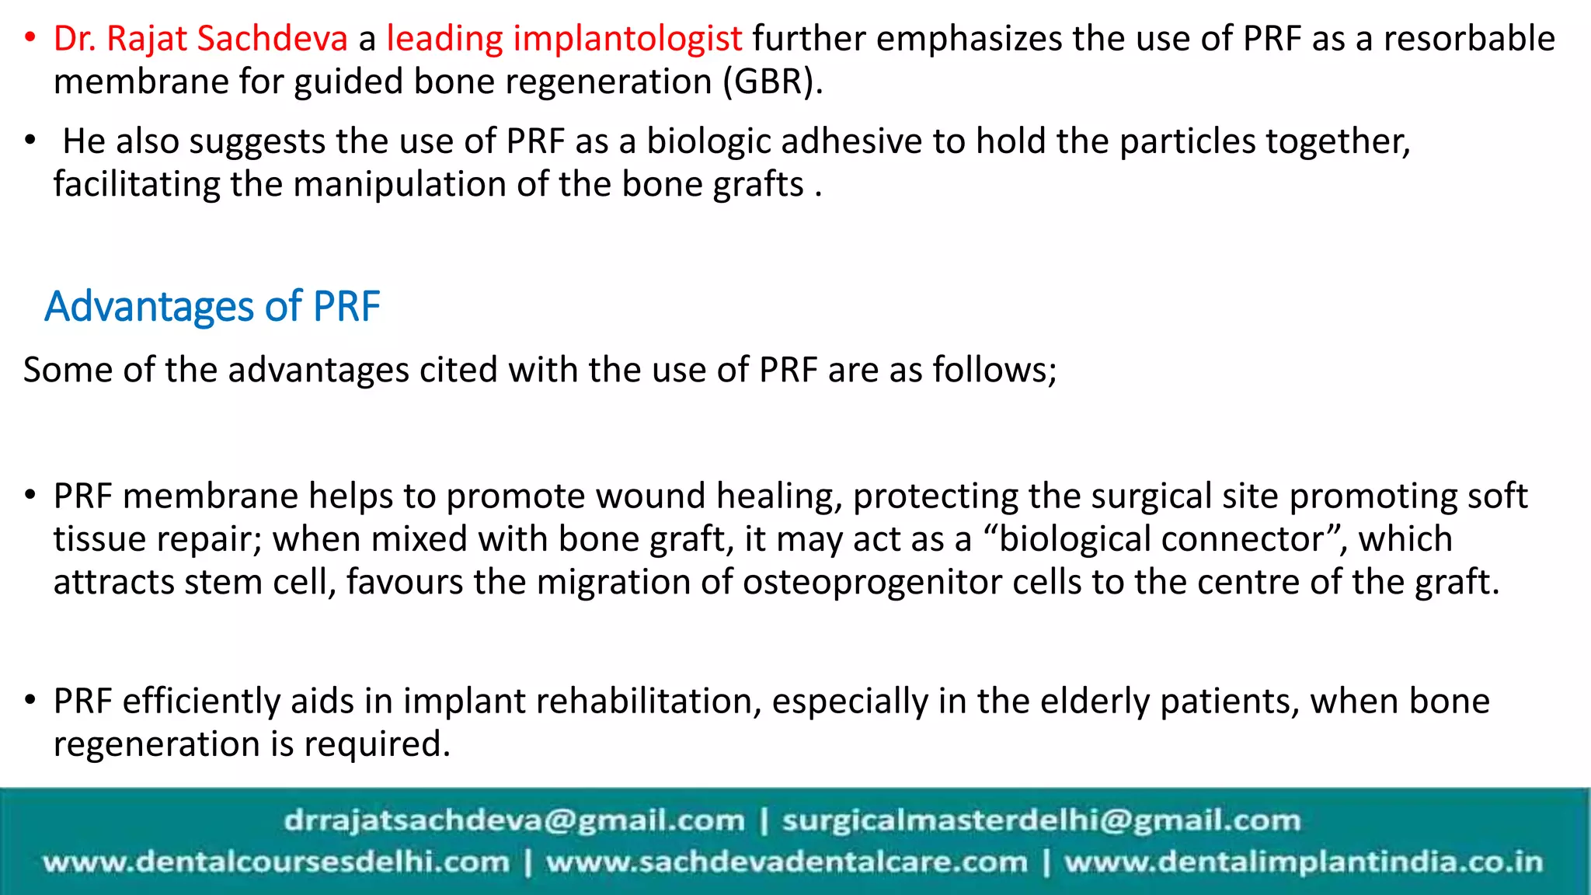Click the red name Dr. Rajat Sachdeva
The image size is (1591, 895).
click(x=200, y=39)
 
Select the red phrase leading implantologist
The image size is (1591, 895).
click(x=564, y=39)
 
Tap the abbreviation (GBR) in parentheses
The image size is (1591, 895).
click(x=772, y=82)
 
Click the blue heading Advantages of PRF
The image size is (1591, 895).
click(x=212, y=306)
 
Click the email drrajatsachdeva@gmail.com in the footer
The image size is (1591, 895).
click(x=514, y=820)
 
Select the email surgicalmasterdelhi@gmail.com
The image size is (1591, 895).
click(x=1041, y=820)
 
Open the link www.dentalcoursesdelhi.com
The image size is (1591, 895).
click(x=276, y=862)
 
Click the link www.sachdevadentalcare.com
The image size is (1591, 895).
click(x=786, y=862)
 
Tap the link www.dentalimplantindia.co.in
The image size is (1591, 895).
click(x=1303, y=862)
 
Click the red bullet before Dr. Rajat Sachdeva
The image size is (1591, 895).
click(x=30, y=37)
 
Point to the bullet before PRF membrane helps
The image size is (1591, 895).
click(x=30, y=495)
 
